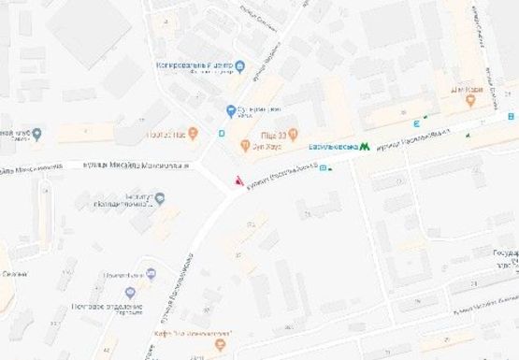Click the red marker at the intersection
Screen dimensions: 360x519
[238, 180]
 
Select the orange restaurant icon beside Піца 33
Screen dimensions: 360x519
[293, 132]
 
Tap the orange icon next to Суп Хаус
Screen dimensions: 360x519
[246, 146]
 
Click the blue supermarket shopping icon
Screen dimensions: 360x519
[231, 111]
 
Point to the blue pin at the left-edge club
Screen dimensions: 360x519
[36, 134]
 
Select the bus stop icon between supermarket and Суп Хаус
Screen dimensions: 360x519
[222, 133]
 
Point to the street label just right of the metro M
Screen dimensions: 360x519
[411, 139]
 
